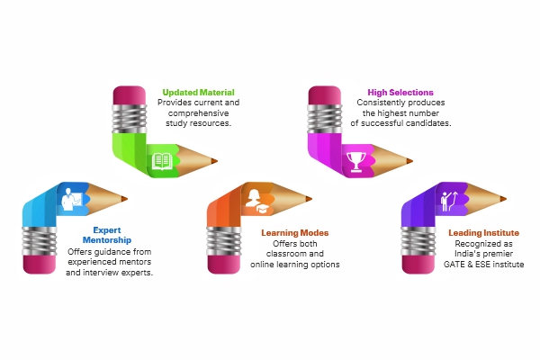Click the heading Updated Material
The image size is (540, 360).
(198, 92)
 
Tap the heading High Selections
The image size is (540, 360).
(400, 92)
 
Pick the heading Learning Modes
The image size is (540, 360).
(294, 233)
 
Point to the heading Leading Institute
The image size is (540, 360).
(484, 233)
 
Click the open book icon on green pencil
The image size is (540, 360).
(162, 161)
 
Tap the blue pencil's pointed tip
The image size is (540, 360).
(126, 198)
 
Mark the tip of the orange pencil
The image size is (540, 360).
(312, 198)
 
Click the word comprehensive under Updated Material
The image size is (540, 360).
(198, 112)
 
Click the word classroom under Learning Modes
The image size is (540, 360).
(294, 254)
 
